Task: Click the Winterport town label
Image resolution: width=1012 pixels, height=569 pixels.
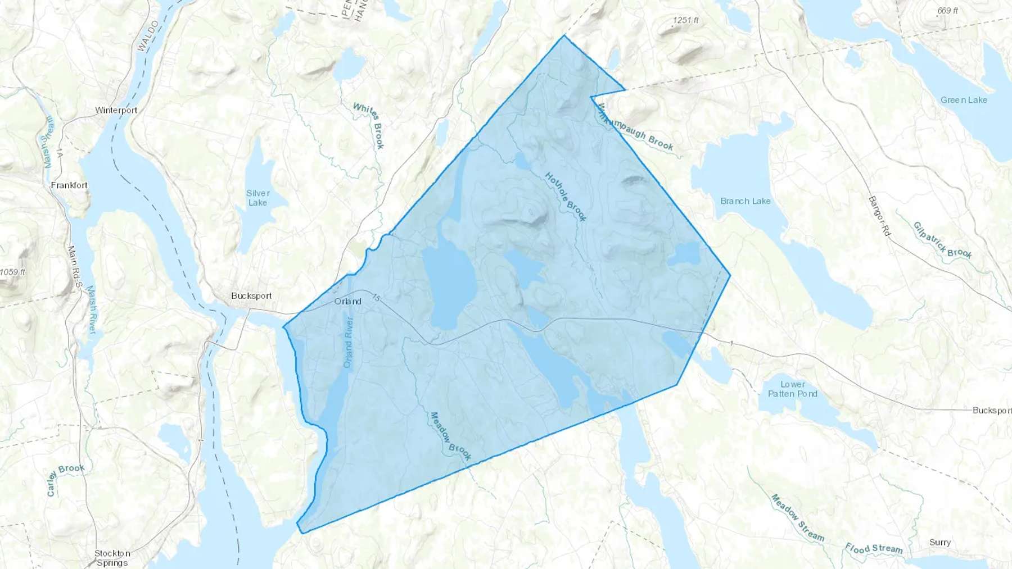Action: click(x=116, y=110)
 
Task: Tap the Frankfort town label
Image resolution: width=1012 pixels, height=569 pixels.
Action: click(x=69, y=185)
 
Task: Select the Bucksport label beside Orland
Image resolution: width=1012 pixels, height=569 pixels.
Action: click(x=251, y=296)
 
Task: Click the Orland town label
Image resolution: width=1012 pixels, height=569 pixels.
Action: click(x=347, y=302)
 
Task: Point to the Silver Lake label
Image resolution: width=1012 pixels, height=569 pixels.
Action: click(x=258, y=198)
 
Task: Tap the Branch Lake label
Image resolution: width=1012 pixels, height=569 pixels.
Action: click(x=746, y=201)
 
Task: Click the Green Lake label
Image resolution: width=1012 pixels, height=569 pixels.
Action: click(x=964, y=100)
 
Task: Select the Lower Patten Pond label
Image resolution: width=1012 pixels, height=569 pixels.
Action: click(x=793, y=389)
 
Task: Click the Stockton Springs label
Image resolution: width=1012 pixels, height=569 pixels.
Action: click(x=112, y=558)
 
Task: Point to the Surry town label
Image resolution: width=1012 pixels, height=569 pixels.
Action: click(x=940, y=543)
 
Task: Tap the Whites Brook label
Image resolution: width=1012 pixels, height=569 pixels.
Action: click(x=369, y=125)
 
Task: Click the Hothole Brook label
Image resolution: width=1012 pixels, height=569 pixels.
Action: click(x=566, y=197)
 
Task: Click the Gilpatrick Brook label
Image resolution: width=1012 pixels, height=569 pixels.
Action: click(x=942, y=240)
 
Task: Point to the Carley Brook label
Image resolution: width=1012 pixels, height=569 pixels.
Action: click(x=65, y=479)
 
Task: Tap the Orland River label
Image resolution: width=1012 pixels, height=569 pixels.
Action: click(x=349, y=343)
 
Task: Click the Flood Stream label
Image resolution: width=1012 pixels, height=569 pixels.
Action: click(x=874, y=549)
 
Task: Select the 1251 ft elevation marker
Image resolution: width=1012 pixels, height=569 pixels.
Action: click(x=685, y=20)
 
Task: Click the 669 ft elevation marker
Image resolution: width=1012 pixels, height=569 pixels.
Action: click(x=947, y=11)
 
